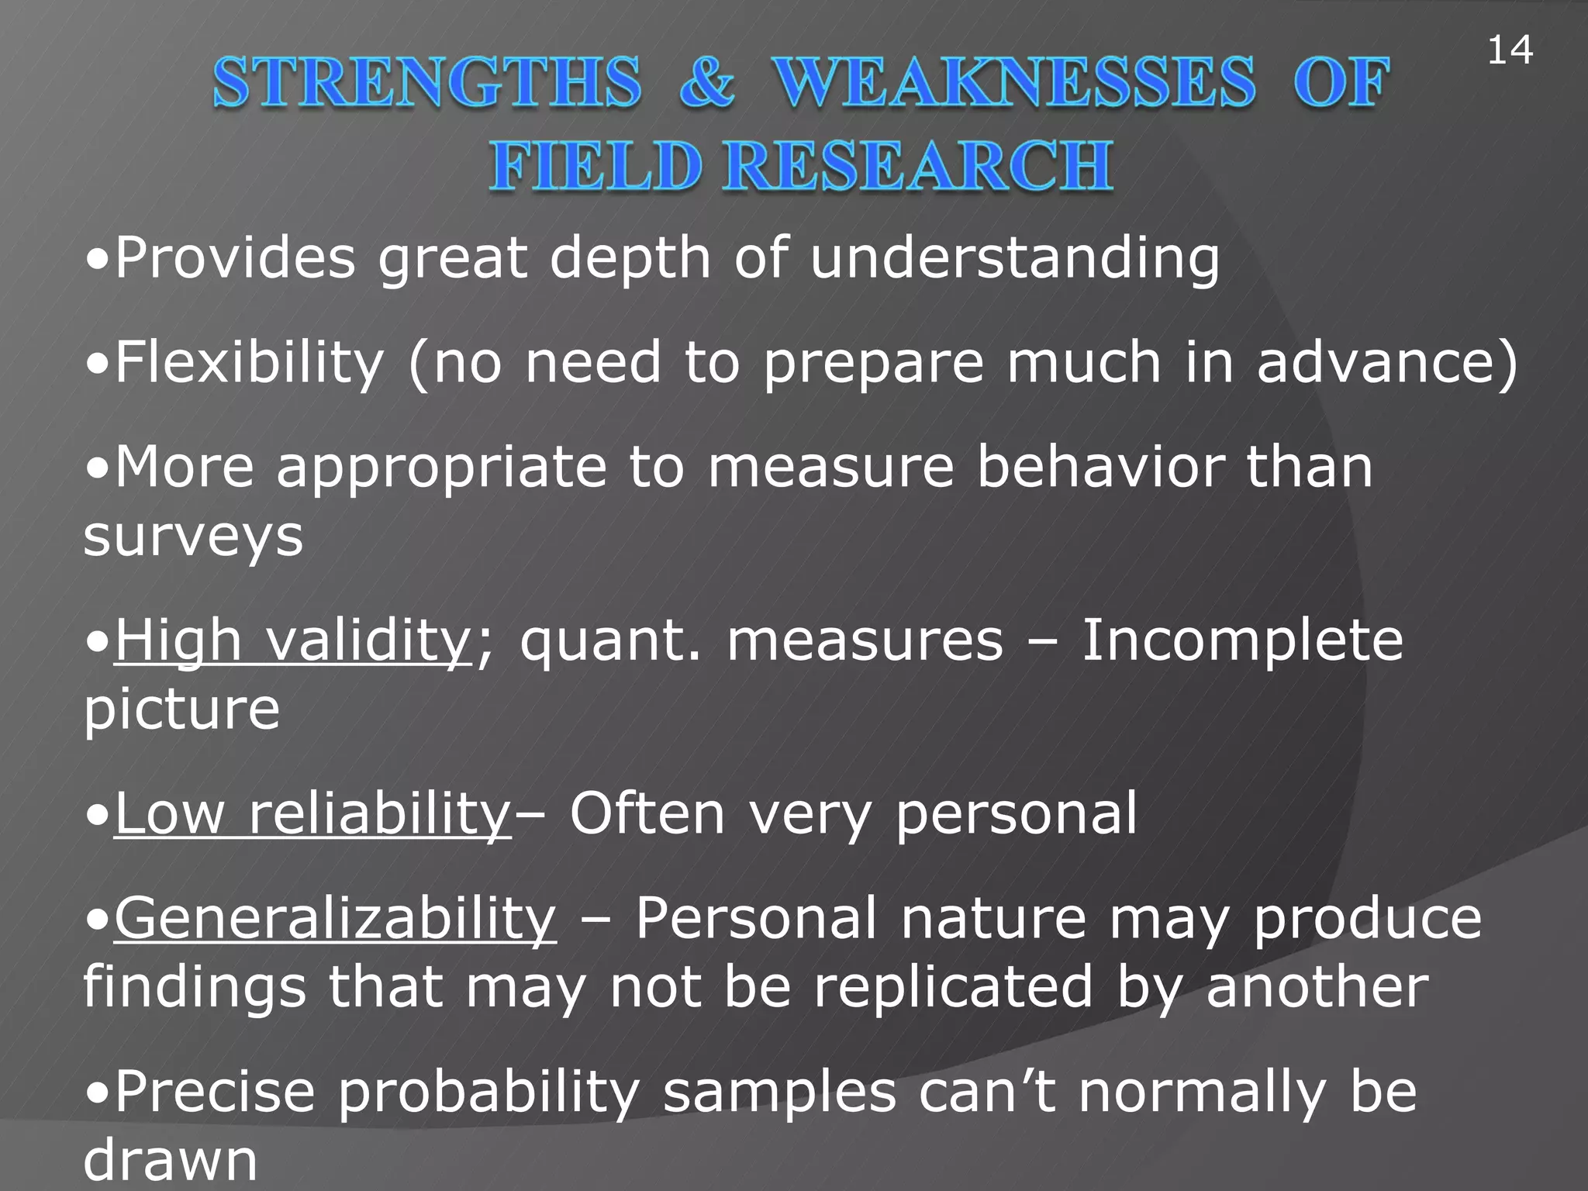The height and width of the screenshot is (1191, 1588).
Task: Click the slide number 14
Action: (x=1509, y=51)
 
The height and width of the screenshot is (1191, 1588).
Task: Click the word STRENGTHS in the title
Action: (x=427, y=82)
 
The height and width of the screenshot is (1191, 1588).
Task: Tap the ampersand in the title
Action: (x=706, y=82)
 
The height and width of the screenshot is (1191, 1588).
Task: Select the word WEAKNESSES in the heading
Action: (x=1015, y=82)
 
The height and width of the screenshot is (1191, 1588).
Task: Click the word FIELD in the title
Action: (x=595, y=166)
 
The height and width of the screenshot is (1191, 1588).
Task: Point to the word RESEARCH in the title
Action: (x=918, y=166)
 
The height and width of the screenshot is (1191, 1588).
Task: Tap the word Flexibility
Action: (x=249, y=363)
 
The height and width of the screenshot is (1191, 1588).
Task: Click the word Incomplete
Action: (x=1242, y=642)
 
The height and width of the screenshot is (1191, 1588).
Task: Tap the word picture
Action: (x=181, y=710)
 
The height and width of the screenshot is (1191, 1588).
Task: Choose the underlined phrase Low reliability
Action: (x=313, y=814)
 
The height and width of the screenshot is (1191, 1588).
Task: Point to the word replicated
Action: (x=953, y=988)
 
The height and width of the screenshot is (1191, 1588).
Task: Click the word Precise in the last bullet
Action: (x=216, y=1092)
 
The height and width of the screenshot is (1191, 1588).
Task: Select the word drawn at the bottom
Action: (x=170, y=1160)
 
